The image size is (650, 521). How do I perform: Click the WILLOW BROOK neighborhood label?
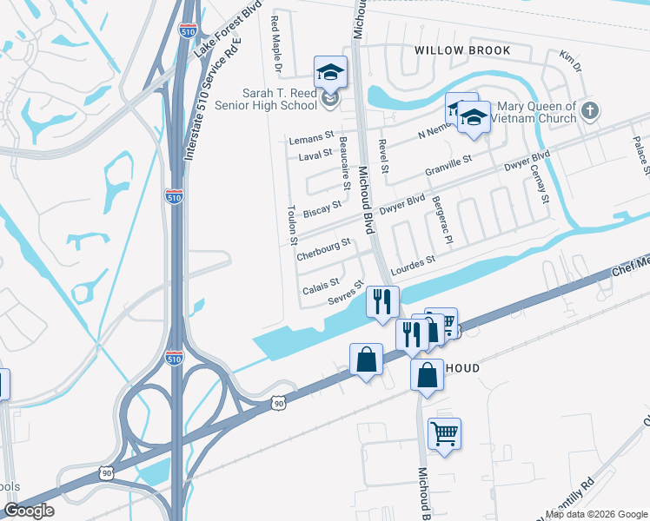[x=462, y=50]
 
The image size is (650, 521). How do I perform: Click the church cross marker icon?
[x=590, y=110]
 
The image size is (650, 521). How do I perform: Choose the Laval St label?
[x=315, y=155]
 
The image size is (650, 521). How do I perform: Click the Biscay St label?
[x=322, y=208]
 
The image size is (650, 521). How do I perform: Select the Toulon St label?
[x=293, y=225]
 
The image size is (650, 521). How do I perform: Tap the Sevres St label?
[x=345, y=293]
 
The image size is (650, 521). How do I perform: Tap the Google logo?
[x=29, y=511]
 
